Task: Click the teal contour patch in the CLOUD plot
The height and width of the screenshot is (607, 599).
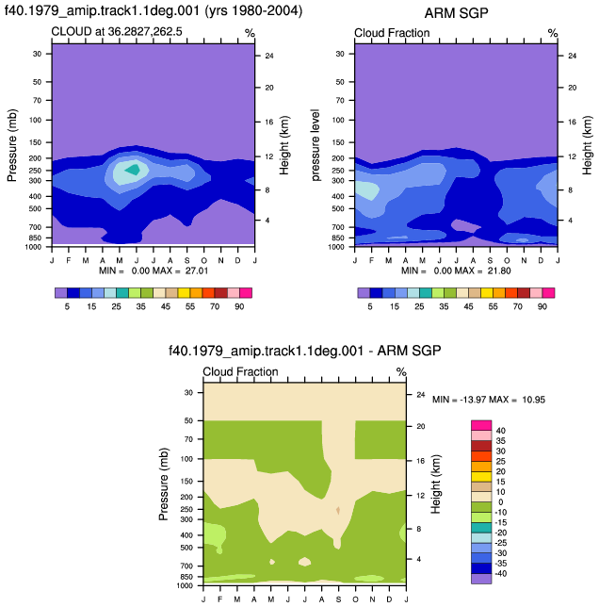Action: click(133, 170)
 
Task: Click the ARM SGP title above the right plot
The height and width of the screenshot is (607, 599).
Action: click(456, 13)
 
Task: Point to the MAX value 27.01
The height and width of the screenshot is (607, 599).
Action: click(197, 271)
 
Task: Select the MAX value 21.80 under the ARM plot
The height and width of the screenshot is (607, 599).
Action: click(499, 271)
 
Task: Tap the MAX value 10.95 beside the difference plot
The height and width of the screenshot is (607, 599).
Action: click(534, 400)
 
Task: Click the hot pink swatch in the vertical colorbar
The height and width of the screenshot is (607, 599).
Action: click(481, 425)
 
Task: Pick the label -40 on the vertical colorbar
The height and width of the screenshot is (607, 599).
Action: click(500, 574)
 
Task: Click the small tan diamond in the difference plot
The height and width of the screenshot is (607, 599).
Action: click(338, 511)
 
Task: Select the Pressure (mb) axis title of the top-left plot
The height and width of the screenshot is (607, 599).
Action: click(12, 145)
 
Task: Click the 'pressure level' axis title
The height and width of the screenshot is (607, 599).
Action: click(316, 145)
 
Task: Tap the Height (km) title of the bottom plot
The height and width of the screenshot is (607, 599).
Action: click(436, 484)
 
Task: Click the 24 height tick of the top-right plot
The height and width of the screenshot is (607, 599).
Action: click(572, 56)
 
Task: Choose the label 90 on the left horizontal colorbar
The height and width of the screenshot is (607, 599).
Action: click(239, 306)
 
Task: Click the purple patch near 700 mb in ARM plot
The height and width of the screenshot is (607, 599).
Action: click(466, 225)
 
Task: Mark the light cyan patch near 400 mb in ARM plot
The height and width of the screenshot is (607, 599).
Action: click(365, 189)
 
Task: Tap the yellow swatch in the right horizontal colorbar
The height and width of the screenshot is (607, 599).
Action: click(487, 293)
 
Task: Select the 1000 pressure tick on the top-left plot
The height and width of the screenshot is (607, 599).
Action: click(33, 247)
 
